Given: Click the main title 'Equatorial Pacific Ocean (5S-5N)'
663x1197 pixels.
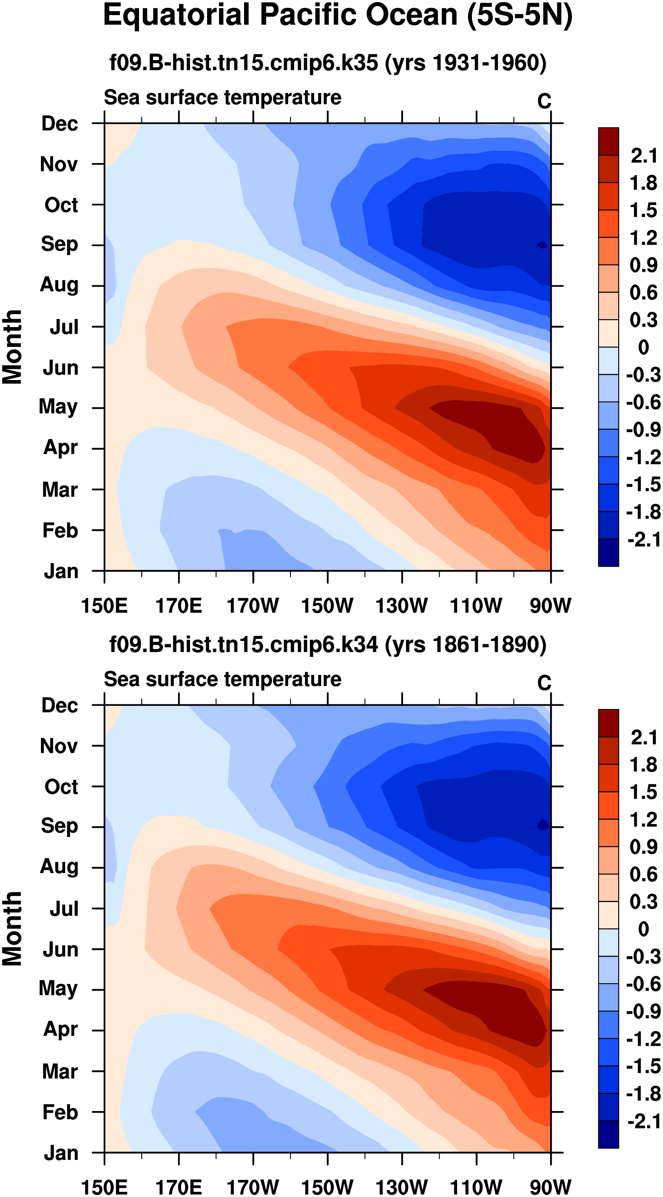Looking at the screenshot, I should [x=337, y=16].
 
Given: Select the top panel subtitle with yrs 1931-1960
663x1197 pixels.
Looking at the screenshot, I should [x=328, y=63].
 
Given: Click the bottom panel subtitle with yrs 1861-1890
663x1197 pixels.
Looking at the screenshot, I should [x=328, y=645].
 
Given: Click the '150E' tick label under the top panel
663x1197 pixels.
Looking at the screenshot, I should [x=104, y=606].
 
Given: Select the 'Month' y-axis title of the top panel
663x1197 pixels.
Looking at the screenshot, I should [x=13, y=347].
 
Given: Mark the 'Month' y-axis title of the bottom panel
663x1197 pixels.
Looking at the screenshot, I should [x=13, y=929].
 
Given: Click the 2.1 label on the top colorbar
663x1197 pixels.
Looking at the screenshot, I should [x=644, y=156].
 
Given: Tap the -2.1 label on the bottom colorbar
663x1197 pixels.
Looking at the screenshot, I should [x=644, y=1122].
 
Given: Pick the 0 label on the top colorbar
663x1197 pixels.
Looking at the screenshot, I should [x=644, y=347].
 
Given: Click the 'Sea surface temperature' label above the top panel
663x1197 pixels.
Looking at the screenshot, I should [x=223, y=97].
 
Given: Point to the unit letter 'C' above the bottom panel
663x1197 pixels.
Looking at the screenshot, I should [x=544, y=683].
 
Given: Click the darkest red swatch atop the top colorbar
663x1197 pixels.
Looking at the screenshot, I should [x=608, y=141].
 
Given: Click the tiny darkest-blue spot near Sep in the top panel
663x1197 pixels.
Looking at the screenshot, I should [x=542, y=245].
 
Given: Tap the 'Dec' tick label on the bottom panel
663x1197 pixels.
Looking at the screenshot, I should [x=60, y=706].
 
